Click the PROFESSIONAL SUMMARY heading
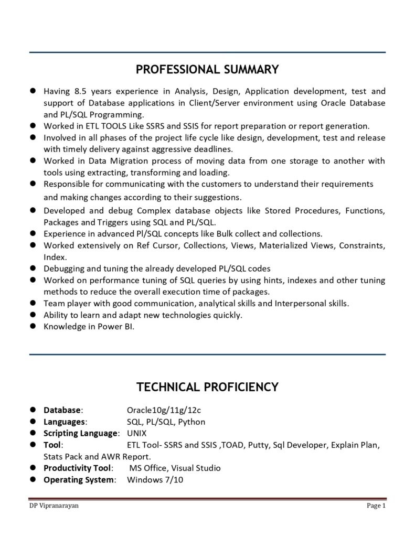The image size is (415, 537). (207, 70)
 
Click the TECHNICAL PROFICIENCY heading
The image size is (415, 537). (207, 387)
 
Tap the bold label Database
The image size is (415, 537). (62, 410)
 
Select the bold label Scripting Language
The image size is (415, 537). (81, 433)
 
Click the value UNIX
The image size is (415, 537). (137, 433)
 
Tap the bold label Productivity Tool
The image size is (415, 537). (77, 468)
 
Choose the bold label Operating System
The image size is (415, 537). (79, 479)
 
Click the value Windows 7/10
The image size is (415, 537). (155, 479)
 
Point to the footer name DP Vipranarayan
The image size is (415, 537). (55, 506)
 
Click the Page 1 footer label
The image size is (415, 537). (376, 506)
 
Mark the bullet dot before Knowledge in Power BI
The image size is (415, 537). (33, 326)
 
